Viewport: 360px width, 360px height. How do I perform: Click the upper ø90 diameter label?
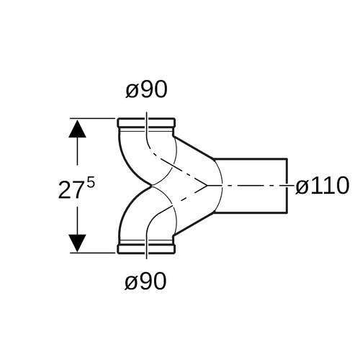tap(146, 89)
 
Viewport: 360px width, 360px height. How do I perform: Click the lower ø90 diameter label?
tap(145, 281)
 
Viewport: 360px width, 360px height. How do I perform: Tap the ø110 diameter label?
tap(322, 186)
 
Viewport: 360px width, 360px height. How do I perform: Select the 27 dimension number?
tap(70, 190)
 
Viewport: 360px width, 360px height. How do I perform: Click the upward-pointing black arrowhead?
tap(77, 129)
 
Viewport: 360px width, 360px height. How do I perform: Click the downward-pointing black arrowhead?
tap(77, 243)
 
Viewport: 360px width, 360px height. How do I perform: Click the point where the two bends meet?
tap(151, 186)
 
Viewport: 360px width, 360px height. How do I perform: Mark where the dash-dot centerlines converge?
tap(207, 186)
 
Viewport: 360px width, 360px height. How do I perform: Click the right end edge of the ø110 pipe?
tap(287, 186)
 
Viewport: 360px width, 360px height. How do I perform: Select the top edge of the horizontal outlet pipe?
tap(250, 159)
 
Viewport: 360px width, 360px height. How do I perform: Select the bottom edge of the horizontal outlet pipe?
tap(250, 212)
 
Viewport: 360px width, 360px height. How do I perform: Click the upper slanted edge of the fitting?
tap(194, 148)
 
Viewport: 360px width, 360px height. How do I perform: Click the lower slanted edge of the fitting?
tap(194, 224)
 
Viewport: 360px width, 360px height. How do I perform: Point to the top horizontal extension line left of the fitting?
tap(93, 118)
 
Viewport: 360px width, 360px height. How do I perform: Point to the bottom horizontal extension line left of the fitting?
tap(93, 253)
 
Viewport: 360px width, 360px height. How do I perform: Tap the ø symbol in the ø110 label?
tap(302, 187)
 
